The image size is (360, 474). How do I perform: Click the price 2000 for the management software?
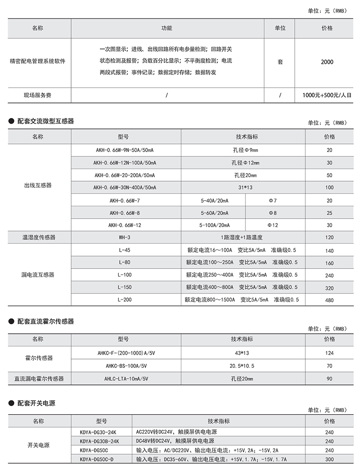[327, 62]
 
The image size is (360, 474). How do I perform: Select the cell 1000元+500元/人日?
[327, 95]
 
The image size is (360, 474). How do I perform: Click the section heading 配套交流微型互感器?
[45, 121]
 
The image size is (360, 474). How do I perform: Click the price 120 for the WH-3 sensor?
[329, 237]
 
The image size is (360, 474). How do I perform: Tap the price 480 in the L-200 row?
[329, 299]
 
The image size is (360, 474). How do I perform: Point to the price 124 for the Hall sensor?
[329, 353]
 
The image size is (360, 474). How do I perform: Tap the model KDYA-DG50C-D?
[97, 459]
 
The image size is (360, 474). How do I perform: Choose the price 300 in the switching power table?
[329, 459]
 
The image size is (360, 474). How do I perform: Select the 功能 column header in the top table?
[166, 28]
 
